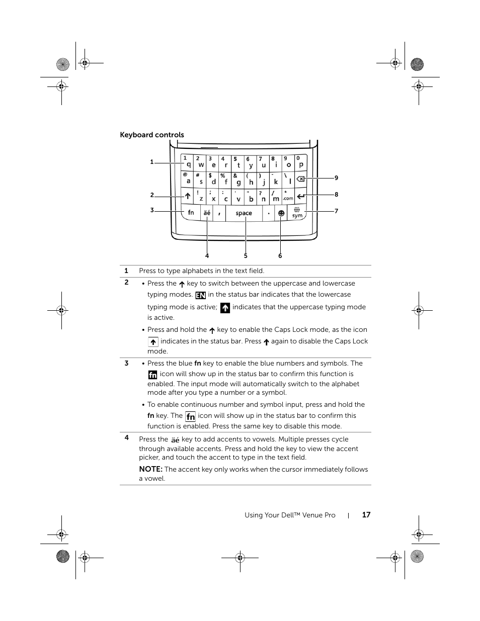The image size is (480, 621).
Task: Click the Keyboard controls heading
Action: (x=152, y=135)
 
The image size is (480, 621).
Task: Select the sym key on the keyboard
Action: (x=297, y=213)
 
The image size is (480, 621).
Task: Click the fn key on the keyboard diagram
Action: (x=191, y=213)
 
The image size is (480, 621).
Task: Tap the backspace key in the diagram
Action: (x=300, y=179)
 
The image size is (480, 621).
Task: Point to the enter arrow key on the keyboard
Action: (x=300, y=196)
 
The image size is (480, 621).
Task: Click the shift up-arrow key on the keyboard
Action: (x=187, y=196)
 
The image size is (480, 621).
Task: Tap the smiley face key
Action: (x=281, y=213)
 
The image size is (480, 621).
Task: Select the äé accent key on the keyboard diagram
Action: (x=207, y=213)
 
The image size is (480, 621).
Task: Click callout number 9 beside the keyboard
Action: (x=336, y=178)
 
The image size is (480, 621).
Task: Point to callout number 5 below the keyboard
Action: (x=246, y=256)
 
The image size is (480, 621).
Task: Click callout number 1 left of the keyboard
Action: (x=151, y=162)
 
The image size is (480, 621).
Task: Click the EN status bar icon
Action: (x=200, y=295)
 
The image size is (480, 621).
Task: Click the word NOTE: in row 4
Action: (x=150, y=469)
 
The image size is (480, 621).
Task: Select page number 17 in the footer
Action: (x=366, y=515)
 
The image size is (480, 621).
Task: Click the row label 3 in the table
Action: (x=126, y=363)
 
